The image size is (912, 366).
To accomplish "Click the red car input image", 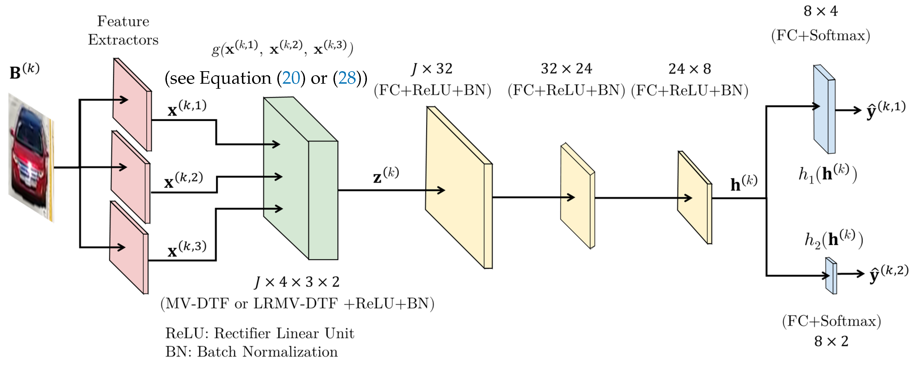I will pos(31,157).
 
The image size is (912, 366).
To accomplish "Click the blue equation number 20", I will pos(291,78).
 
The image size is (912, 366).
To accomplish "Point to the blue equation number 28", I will pos(347,78).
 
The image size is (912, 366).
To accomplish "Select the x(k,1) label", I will pos(187,108).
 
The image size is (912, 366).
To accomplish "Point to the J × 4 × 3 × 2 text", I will pos(297,282).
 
